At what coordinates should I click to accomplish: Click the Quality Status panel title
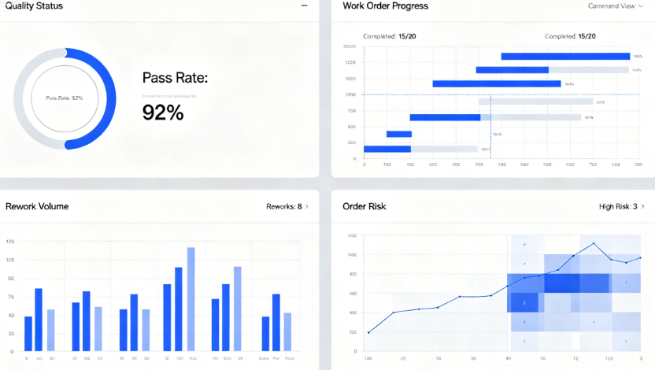click(34, 6)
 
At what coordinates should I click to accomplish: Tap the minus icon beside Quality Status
click(305, 6)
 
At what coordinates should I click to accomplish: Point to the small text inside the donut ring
click(65, 98)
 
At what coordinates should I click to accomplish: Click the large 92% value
click(163, 113)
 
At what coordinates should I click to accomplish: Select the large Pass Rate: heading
click(175, 78)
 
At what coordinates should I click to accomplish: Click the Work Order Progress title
click(386, 6)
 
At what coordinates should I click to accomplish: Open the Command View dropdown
click(615, 6)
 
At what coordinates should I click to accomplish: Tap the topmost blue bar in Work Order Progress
click(565, 56)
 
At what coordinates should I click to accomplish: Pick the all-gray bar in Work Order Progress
click(535, 102)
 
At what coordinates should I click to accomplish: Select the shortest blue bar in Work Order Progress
click(399, 134)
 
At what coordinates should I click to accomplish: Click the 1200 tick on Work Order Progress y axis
click(350, 62)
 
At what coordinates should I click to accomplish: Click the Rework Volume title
click(37, 206)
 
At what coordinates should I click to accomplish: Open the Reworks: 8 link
click(287, 206)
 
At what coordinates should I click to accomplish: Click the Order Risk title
click(365, 206)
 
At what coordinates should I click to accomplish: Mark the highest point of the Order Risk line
click(594, 243)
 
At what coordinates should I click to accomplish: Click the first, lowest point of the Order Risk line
click(368, 332)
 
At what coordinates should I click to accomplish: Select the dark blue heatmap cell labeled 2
click(524, 302)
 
